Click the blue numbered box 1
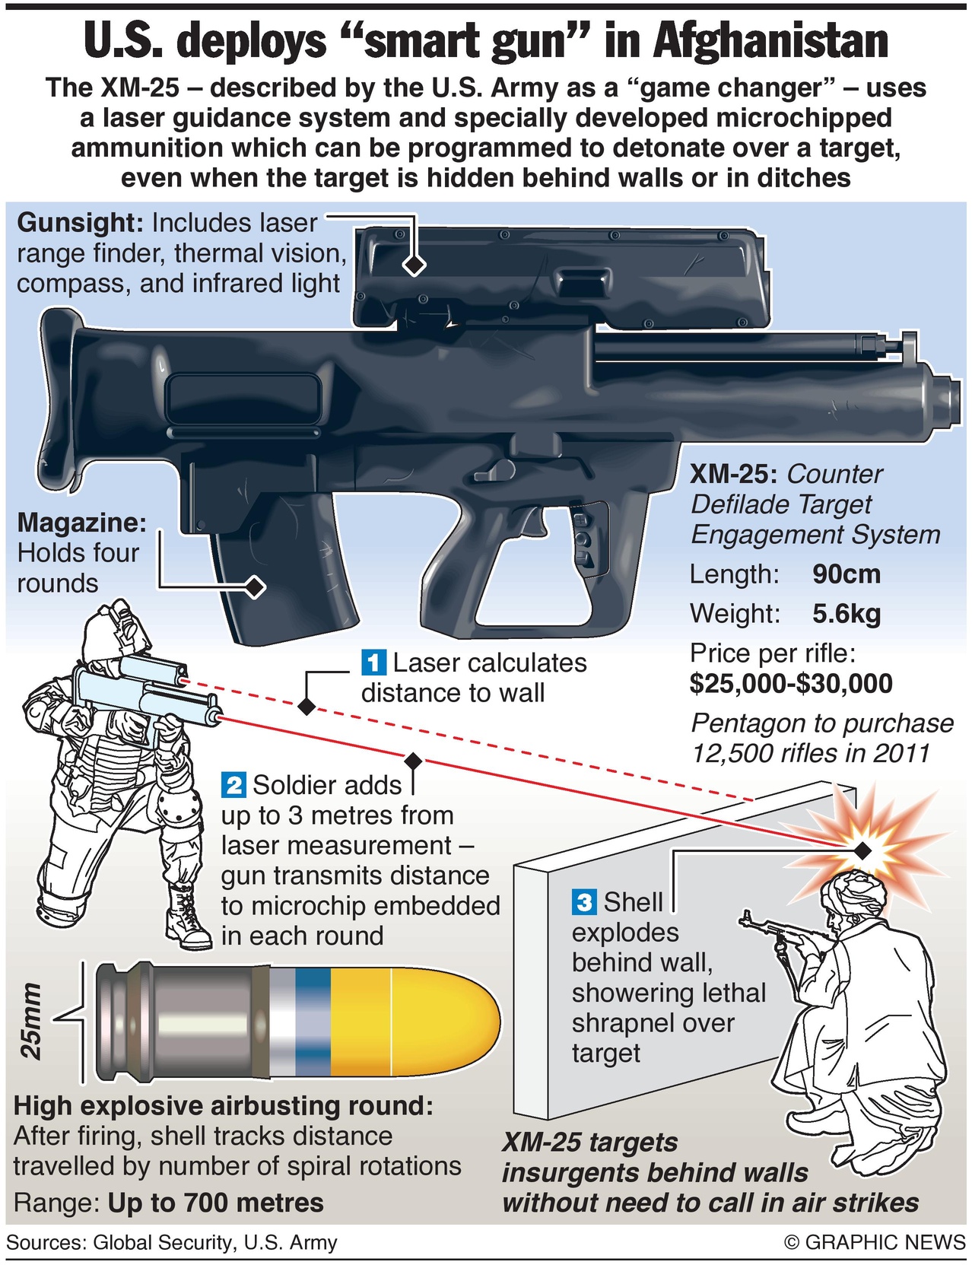[x=373, y=663]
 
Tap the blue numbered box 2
[x=233, y=784]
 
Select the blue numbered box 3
[x=584, y=902]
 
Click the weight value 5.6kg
[x=846, y=613]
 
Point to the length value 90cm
[x=846, y=574]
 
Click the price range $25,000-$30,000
[x=791, y=683]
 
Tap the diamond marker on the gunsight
[x=415, y=265]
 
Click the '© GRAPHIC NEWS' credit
[x=875, y=1242]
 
